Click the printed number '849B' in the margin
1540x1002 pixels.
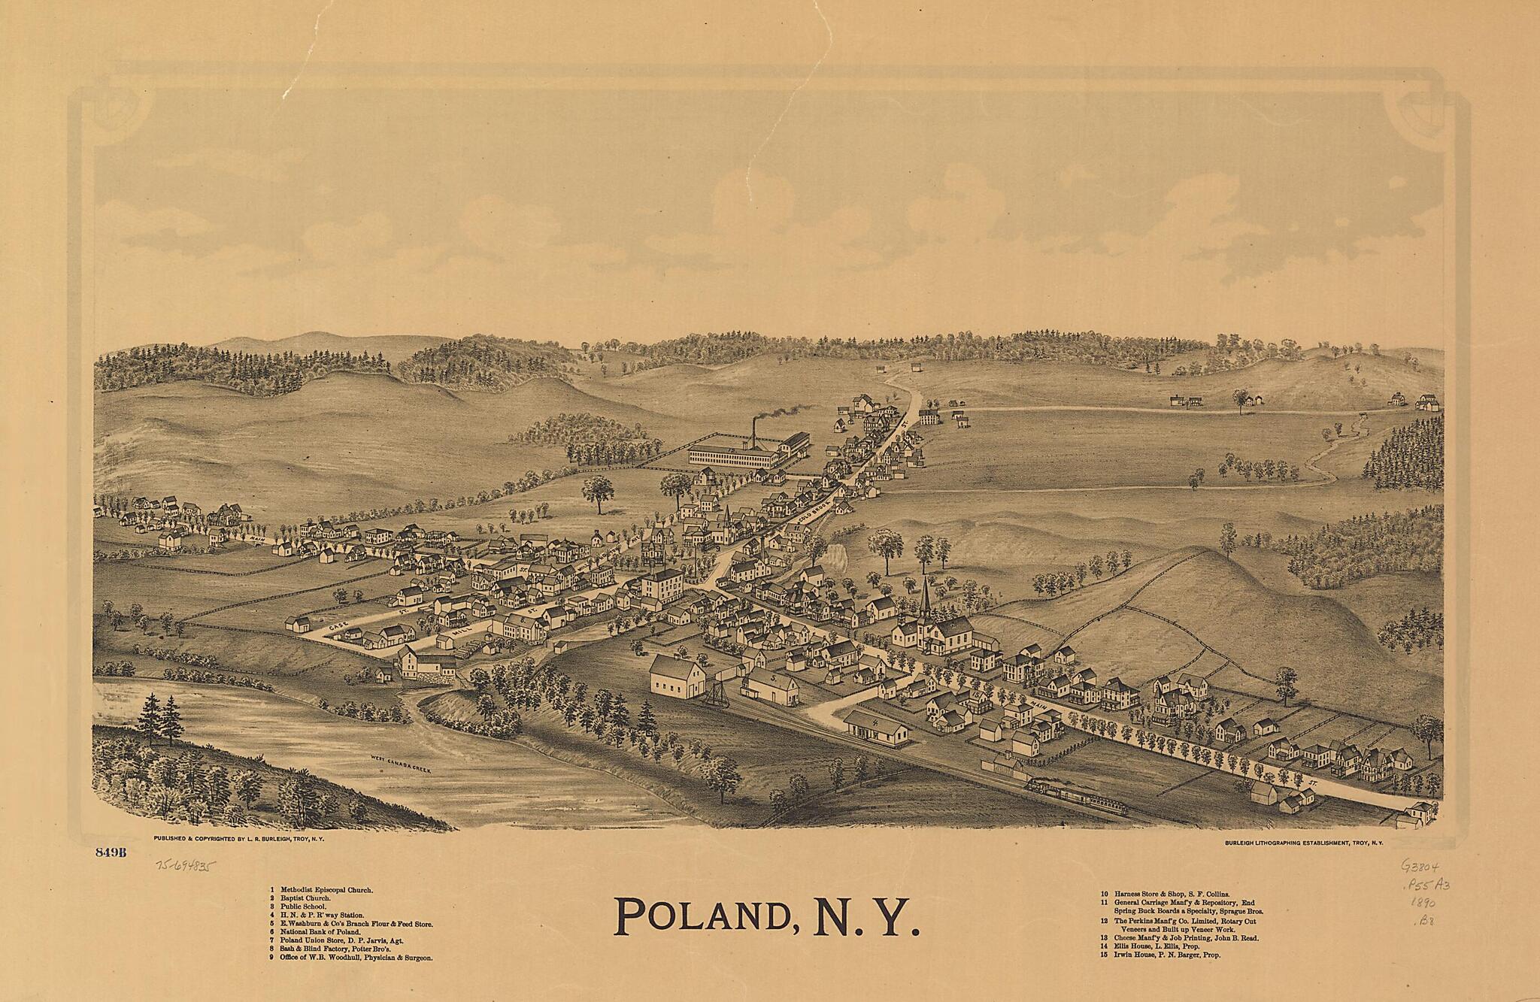110,852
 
